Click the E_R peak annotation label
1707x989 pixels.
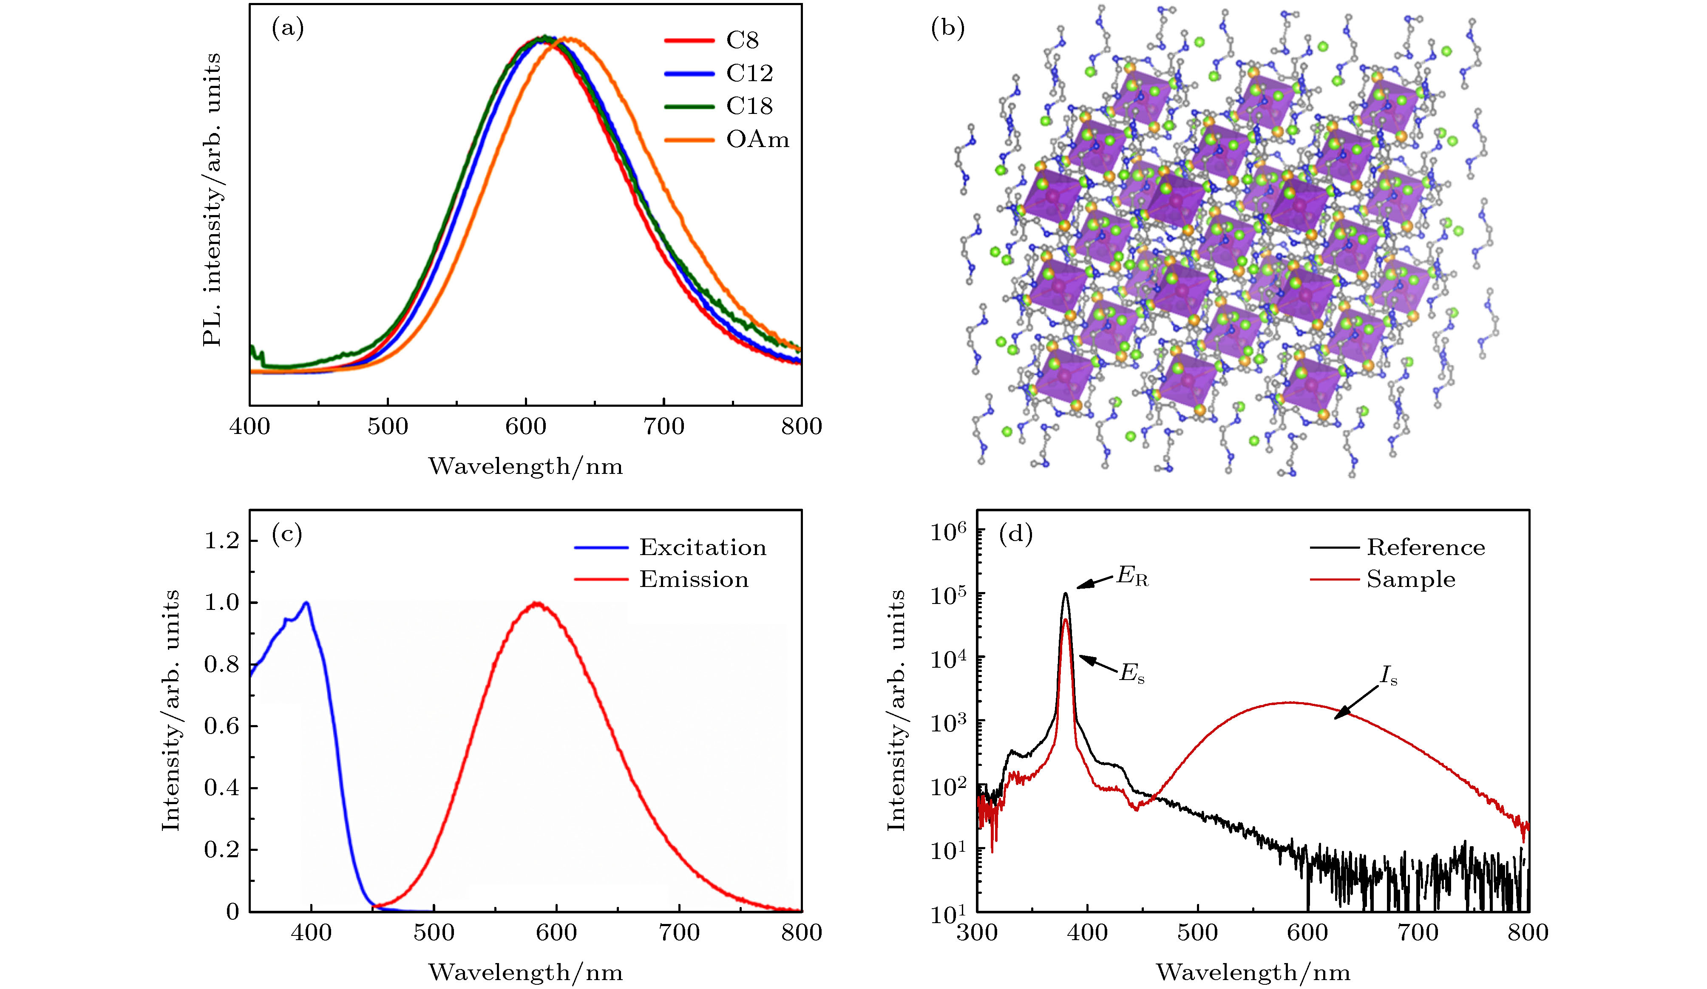coord(1133,578)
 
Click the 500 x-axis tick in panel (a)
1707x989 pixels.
coord(388,427)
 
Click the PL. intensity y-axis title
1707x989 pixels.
coord(212,200)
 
